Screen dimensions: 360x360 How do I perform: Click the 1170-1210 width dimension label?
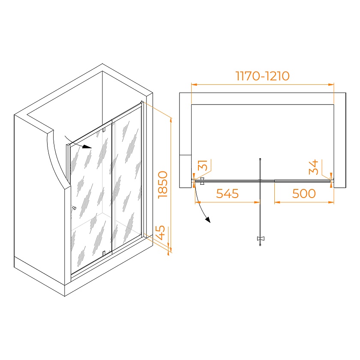[x=262, y=76]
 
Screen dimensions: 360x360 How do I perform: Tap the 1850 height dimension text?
[x=163, y=185]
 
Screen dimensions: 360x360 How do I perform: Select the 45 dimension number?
[x=160, y=233]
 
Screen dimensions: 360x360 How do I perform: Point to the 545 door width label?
[x=227, y=194]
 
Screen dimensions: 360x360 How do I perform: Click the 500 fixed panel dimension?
[x=304, y=194]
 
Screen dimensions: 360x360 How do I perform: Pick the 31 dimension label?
[x=203, y=165]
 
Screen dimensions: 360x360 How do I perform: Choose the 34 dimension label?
[x=314, y=167]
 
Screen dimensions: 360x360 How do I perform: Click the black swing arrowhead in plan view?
[x=208, y=220]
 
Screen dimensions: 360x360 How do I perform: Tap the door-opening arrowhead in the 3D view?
[x=87, y=147]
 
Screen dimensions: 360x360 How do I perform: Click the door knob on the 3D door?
[x=74, y=208]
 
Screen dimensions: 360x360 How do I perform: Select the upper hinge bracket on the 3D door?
[x=104, y=130]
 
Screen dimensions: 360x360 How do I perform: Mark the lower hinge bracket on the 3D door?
[x=104, y=253]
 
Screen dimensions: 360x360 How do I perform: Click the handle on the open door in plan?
[x=261, y=239]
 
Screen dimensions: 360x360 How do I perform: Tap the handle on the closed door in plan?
[x=202, y=181]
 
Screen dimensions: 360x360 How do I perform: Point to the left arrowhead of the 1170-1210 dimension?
[x=194, y=84]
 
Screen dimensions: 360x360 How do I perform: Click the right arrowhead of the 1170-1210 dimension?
[x=331, y=84]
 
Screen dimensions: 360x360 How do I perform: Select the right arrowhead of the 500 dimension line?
[x=331, y=202]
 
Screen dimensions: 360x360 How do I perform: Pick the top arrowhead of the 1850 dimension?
[x=171, y=120]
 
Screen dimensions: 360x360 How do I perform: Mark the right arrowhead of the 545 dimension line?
[x=257, y=202]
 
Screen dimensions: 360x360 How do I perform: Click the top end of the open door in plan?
[x=260, y=159]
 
